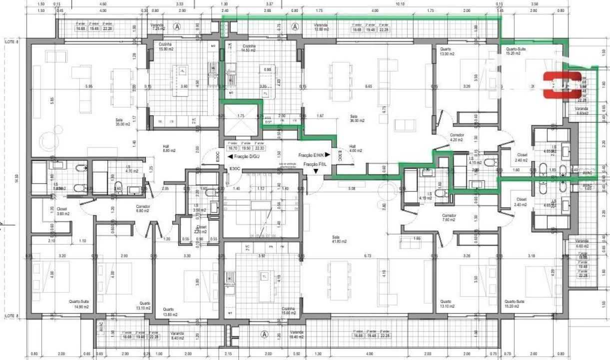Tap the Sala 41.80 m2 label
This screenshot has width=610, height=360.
tap(339, 239)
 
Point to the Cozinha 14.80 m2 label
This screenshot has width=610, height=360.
tap(248, 48)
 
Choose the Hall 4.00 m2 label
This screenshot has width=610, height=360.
tap(356, 149)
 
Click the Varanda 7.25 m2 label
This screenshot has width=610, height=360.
tap(157, 27)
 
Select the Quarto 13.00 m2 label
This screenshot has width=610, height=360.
tap(446, 51)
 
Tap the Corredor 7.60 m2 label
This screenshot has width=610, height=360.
tap(448, 217)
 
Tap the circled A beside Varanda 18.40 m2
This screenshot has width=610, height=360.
tap(264, 334)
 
